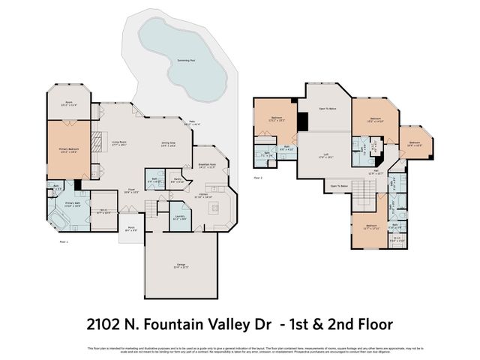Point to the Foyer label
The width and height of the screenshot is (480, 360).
point(130,190)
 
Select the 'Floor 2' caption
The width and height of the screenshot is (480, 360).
point(257,178)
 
